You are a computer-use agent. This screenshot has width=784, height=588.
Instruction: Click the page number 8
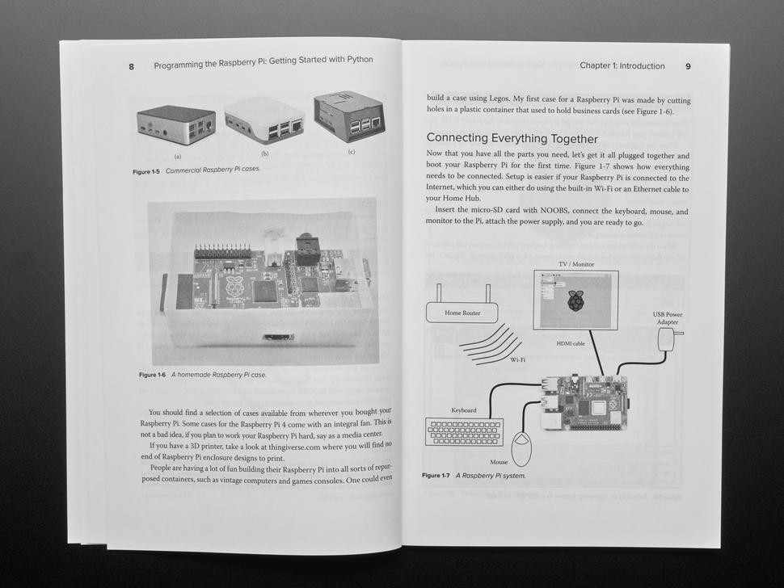click(x=132, y=67)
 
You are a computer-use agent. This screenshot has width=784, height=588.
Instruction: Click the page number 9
click(x=688, y=66)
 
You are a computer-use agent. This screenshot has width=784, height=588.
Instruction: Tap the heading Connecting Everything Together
click(x=512, y=138)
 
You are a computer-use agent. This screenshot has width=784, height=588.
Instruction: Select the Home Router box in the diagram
click(x=462, y=313)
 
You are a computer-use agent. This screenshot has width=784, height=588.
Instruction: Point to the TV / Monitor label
click(x=576, y=264)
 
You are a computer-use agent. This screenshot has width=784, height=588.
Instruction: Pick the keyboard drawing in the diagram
click(x=464, y=431)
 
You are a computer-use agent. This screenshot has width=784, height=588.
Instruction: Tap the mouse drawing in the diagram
click(x=521, y=448)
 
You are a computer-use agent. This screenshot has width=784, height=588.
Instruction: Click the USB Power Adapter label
click(x=668, y=318)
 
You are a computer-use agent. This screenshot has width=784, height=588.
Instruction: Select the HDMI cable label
click(x=571, y=344)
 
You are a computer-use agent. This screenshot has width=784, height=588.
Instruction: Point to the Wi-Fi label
click(x=517, y=359)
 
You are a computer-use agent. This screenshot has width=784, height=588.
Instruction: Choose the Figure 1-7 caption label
click(x=436, y=476)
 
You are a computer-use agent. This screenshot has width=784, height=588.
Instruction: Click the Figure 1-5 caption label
click(x=146, y=172)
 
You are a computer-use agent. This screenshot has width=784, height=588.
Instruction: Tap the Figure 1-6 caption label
click(x=152, y=375)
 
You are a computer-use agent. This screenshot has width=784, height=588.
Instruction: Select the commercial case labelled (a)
click(x=176, y=124)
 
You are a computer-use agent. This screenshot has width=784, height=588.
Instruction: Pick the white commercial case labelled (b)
click(x=264, y=120)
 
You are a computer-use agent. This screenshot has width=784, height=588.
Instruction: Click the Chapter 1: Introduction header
click(x=622, y=66)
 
